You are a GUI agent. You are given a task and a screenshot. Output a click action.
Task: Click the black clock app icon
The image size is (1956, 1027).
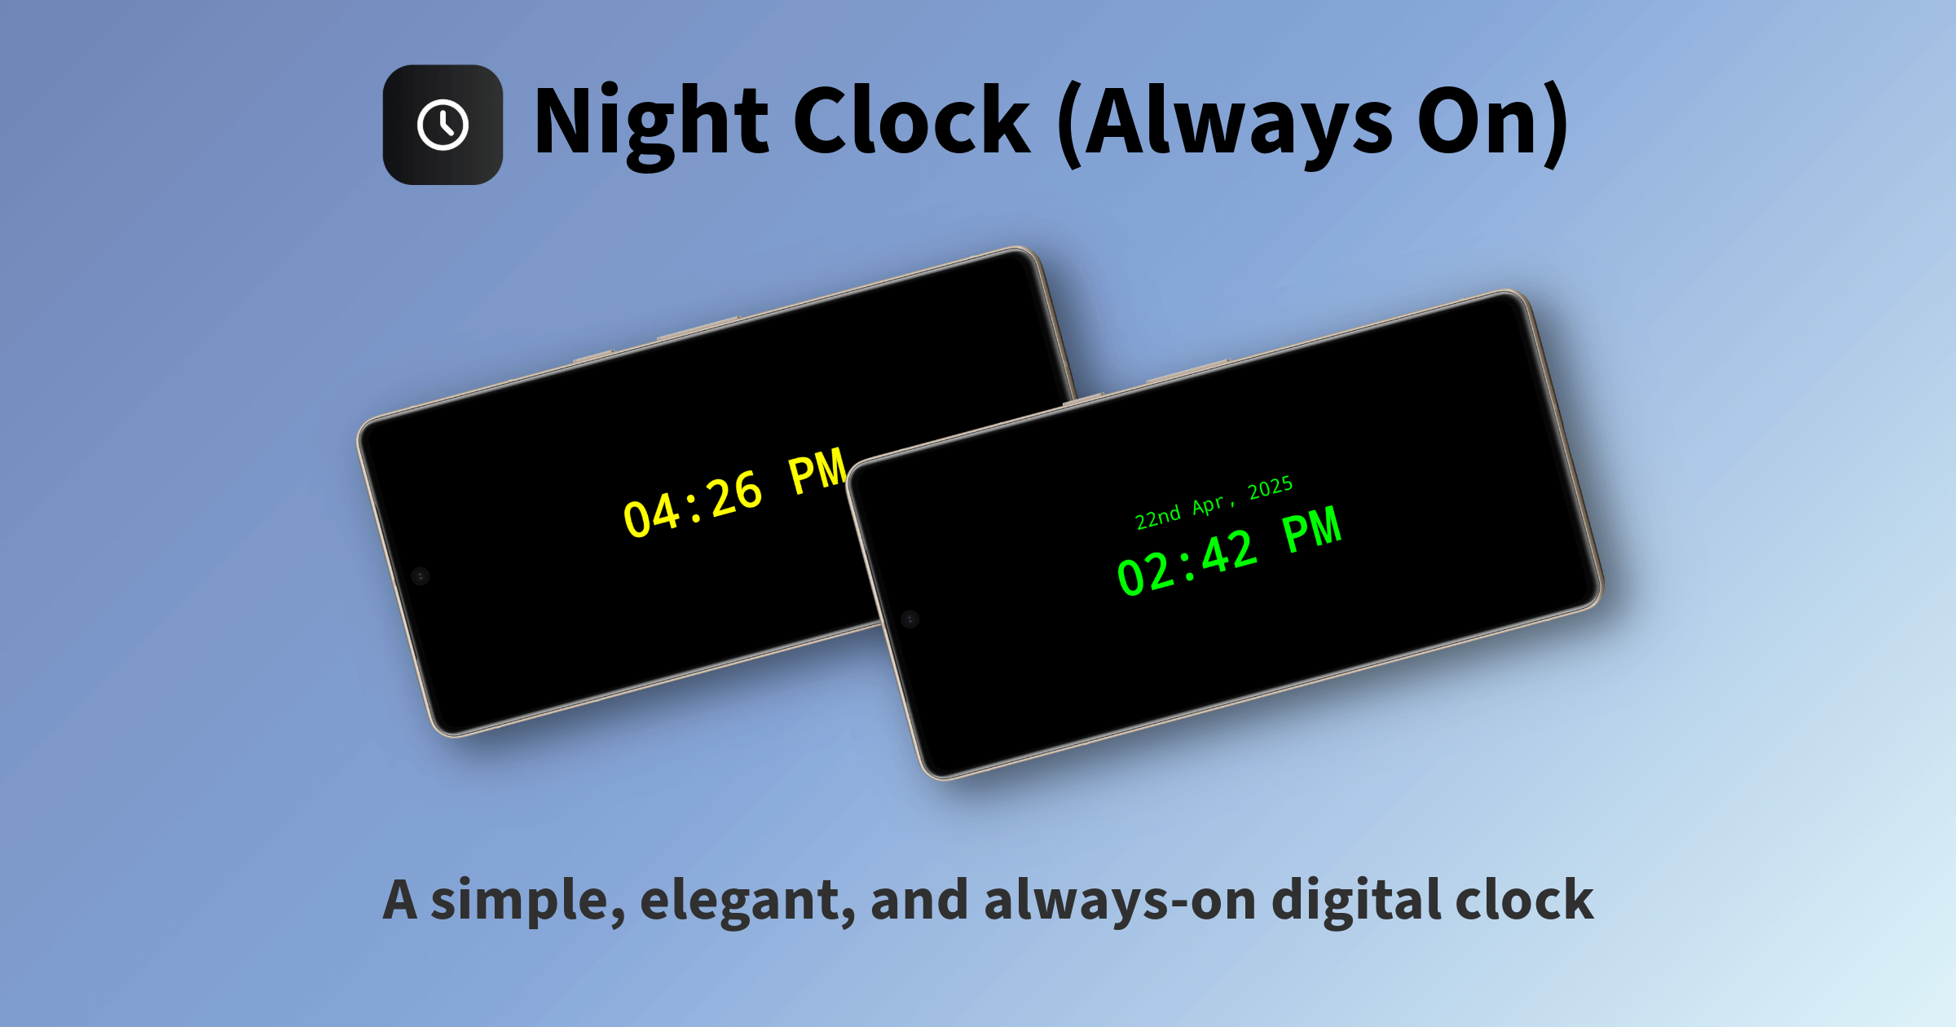click(x=443, y=125)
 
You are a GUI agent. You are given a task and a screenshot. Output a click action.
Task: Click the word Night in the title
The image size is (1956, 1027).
click(x=651, y=122)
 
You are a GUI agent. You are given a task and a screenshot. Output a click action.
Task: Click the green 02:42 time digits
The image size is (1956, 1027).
click(x=1187, y=562)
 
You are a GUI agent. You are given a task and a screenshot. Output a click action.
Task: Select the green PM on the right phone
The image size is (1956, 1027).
click(x=1312, y=530)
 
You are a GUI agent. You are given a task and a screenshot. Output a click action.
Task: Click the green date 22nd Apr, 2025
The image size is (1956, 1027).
click(x=1214, y=503)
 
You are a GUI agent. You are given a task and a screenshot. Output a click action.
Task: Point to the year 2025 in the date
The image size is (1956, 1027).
click(x=1271, y=487)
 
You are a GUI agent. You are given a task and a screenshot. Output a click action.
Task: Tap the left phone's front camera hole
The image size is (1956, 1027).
click(x=421, y=576)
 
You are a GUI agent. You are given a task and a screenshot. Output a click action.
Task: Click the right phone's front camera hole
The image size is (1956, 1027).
click(x=910, y=619)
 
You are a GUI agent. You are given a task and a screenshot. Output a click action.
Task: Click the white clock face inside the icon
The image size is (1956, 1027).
click(x=443, y=125)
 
